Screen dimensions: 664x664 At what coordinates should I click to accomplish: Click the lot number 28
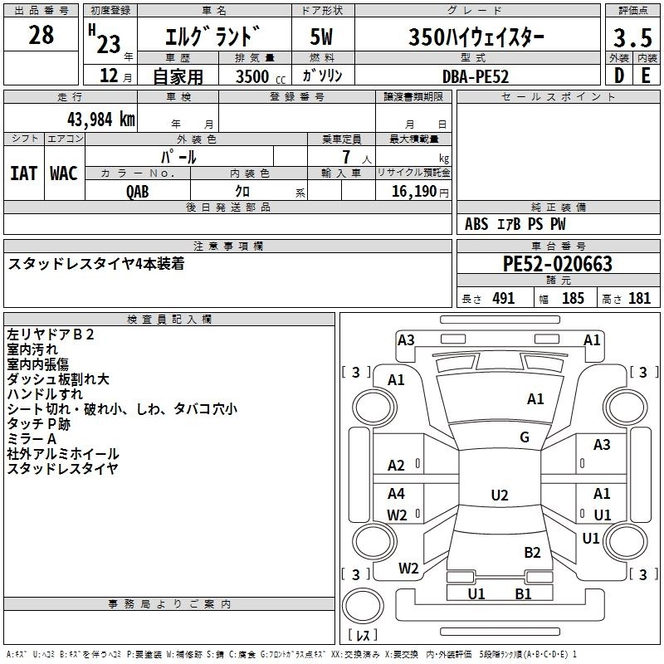tap(41, 35)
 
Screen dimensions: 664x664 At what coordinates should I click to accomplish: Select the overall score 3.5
tap(632, 37)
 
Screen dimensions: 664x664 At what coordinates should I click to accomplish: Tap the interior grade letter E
tap(646, 75)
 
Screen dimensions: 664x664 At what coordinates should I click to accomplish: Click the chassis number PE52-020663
tap(557, 264)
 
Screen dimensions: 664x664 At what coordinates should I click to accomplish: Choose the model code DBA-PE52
tap(476, 76)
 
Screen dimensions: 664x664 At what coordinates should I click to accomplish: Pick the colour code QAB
tap(138, 191)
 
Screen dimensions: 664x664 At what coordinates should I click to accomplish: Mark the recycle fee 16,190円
tap(415, 191)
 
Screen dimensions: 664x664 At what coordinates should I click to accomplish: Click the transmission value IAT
tap(23, 173)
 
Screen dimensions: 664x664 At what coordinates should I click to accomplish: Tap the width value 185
tap(573, 299)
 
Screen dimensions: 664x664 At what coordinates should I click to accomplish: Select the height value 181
tap(639, 299)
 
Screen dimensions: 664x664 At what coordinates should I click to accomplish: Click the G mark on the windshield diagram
tap(525, 437)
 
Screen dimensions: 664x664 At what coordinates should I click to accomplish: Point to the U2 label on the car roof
tap(499, 496)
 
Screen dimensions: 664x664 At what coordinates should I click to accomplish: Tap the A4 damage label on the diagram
tap(397, 494)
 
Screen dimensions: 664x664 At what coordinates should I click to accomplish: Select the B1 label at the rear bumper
tap(523, 593)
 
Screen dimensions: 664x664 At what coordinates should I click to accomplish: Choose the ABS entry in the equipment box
tap(476, 224)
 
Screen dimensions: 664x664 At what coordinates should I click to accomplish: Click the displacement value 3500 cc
tap(254, 76)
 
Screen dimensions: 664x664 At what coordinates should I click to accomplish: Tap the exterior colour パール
tap(178, 156)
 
